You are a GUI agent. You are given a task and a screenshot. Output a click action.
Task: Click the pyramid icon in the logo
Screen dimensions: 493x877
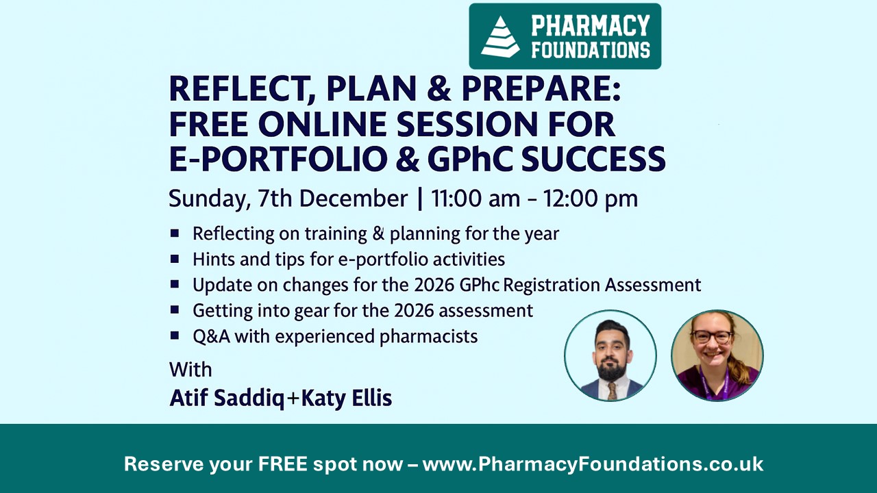point(500,36)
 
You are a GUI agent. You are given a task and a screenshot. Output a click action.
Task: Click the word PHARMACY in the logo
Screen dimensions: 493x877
point(590,26)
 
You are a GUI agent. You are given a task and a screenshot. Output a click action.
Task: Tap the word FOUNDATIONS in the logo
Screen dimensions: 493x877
point(591,49)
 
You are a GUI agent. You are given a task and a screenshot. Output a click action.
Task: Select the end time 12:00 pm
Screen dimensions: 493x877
point(591,199)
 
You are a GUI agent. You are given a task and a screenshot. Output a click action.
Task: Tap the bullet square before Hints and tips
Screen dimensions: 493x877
point(175,259)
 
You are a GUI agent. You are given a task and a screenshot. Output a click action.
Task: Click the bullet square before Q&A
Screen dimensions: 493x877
point(175,336)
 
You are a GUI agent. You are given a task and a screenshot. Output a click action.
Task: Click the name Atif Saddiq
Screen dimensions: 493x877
point(227,398)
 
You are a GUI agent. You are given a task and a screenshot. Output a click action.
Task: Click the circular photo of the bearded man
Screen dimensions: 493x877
point(610,355)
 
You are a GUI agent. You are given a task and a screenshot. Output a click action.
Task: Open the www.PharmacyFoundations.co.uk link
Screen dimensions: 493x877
point(593,464)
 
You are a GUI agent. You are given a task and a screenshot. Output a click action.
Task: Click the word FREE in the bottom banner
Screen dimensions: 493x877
point(282,464)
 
